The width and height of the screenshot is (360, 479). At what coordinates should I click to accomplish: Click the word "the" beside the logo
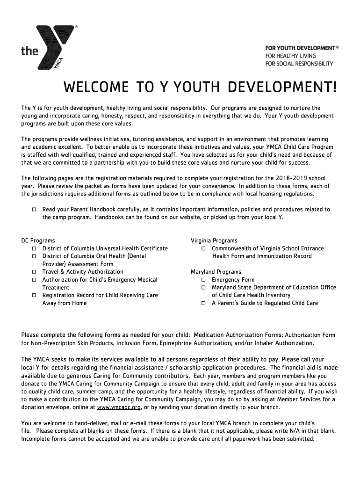(x=29, y=51)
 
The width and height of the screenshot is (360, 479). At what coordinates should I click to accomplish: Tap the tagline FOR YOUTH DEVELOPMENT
(x=300, y=48)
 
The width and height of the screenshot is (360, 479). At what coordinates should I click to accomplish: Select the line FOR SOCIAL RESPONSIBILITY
(x=299, y=64)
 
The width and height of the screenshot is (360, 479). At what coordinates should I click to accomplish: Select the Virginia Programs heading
(x=214, y=240)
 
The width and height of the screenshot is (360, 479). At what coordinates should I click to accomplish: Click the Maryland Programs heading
(x=216, y=272)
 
